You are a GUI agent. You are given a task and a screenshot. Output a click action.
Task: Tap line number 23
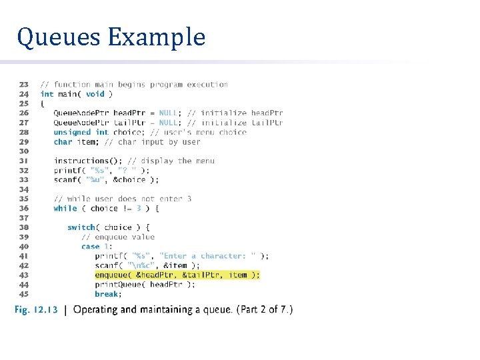click(23, 85)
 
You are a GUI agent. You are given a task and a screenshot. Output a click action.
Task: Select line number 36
click(23, 208)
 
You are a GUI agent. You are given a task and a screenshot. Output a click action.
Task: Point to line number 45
click(23, 294)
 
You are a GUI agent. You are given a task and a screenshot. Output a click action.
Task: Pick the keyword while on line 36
click(65, 208)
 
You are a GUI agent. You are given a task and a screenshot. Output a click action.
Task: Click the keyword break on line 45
click(107, 294)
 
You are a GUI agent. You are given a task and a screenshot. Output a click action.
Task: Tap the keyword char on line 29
click(63, 141)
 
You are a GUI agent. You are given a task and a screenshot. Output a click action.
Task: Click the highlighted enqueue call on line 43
click(177, 275)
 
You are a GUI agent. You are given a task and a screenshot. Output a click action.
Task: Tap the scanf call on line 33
click(65, 179)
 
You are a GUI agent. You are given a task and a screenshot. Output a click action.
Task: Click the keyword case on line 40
click(90, 247)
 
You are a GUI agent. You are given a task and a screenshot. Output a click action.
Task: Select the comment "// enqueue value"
click(118, 237)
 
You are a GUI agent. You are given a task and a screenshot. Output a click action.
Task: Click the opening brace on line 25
click(43, 103)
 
